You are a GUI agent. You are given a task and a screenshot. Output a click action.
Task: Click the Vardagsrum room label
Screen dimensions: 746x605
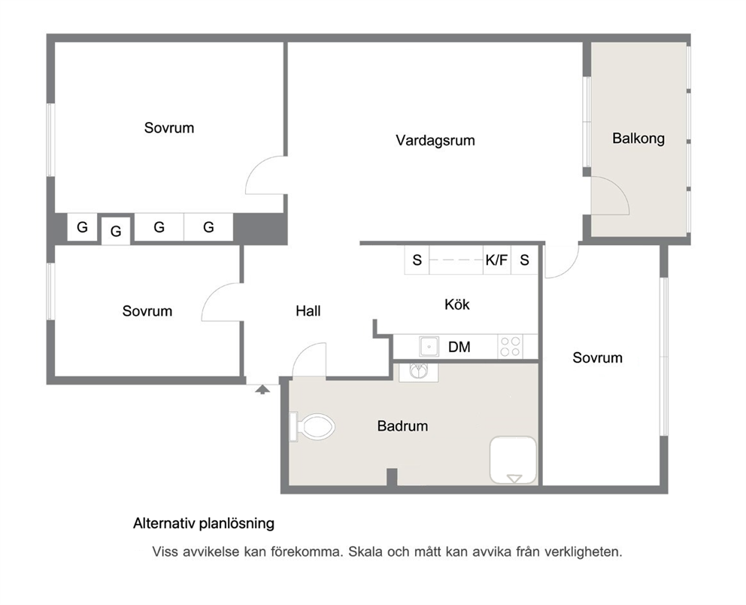click(435, 141)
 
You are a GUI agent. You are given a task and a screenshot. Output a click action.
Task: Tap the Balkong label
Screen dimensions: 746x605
click(638, 138)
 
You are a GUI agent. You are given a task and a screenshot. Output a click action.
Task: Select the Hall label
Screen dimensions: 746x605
click(308, 311)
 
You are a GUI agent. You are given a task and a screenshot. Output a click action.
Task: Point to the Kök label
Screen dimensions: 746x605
click(457, 304)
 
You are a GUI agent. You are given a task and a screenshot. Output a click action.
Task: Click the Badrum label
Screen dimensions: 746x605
click(402, 426)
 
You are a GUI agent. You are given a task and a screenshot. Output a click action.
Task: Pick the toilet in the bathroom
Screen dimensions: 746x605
click(312, 427)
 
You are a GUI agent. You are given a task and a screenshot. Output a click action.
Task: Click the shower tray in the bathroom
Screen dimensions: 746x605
click(514, 461)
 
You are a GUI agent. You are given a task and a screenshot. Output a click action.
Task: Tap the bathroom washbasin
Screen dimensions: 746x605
click(419, 371)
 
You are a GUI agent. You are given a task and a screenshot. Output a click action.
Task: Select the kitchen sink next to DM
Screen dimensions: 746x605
click(429, 347)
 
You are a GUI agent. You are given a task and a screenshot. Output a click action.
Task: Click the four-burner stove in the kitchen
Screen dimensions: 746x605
click(510, 347)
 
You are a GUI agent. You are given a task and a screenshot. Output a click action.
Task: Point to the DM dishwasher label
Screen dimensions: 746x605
click(459, 347)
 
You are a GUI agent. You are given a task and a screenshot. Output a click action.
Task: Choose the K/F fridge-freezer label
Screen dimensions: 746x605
click(496, 260)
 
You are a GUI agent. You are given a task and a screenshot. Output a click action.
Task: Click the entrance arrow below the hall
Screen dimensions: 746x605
click(262, 390)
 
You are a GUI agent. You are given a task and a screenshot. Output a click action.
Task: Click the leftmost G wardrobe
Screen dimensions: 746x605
click(82, 227)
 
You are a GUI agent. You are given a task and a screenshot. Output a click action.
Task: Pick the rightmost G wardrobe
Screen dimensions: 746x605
click(208, 227)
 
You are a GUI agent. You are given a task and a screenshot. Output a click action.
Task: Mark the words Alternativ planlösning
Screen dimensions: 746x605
click(204, 524)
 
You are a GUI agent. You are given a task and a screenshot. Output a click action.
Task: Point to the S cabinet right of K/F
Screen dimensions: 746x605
click(524, 260)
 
